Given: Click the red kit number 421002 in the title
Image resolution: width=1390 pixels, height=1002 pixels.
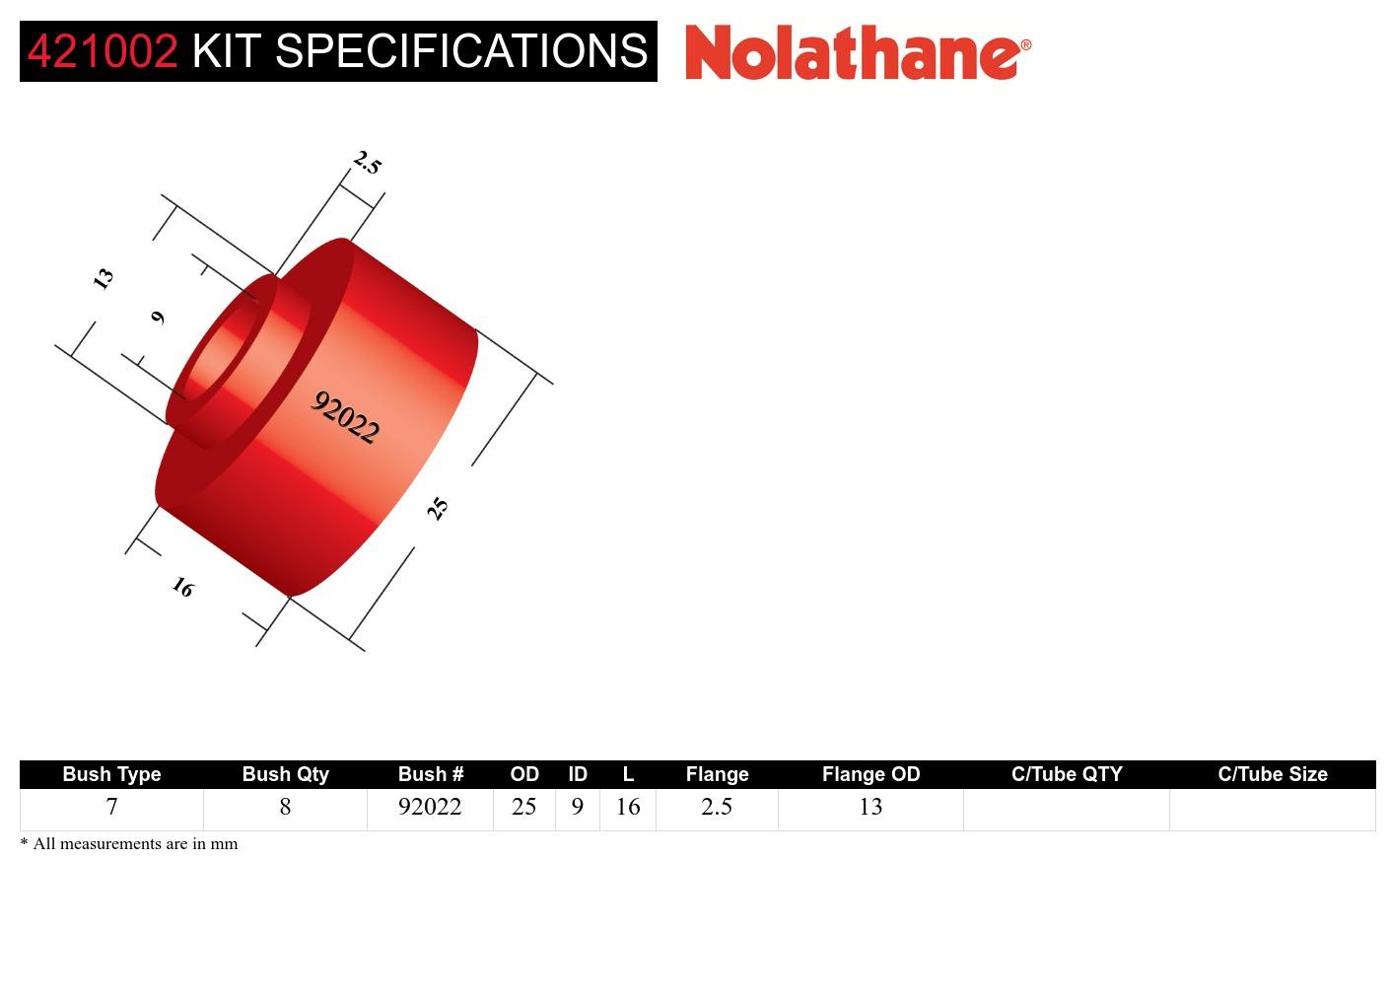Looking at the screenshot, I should click(102, 51).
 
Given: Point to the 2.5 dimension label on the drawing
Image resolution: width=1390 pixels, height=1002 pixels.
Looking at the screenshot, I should click(367, 163).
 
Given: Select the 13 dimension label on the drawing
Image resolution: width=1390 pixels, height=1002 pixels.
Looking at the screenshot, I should click(103, 278).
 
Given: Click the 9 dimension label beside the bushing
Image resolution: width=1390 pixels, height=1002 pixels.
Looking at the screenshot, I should click(158, 317).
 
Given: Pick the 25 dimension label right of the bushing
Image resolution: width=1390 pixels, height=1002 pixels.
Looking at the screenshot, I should click(438, 508).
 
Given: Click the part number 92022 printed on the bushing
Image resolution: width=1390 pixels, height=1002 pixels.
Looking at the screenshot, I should click(345, 417).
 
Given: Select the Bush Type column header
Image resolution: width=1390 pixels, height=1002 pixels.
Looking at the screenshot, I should click(111, 774).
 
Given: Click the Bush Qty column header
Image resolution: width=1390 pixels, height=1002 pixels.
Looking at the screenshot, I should click(285, 774).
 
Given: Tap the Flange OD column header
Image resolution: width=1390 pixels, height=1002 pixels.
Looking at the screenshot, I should click(870, 774).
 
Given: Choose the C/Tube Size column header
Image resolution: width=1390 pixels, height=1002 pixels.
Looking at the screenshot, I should click(1272, 774).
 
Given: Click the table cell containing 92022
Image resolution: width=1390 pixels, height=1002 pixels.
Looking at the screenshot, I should click(430, 807).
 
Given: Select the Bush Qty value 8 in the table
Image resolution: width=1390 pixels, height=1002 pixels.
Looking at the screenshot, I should click(285, 807).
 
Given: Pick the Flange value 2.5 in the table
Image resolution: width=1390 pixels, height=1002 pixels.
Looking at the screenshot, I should click(717, 807).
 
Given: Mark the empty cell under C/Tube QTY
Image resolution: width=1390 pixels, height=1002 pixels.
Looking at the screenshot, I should click(1066, 809).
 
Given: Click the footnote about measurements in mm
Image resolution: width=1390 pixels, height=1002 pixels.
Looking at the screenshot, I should click(129, 843).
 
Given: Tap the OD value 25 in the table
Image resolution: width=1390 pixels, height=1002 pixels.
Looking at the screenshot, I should click(523, 807).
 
